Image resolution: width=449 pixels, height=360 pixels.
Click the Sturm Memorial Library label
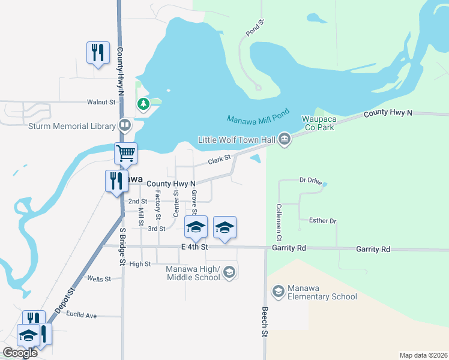coord(71,126)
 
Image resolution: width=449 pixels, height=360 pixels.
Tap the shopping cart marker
coord(126,153)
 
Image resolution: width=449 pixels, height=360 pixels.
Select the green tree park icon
coord(143,104)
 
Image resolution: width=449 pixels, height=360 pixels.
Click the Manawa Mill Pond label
coord(259,116)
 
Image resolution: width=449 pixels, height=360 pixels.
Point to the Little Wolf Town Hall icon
coord(285,140)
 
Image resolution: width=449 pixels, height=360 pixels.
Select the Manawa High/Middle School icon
coord(229,273)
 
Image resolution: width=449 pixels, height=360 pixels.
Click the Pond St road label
coord(255,28)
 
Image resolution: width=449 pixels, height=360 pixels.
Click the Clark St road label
coord(219,160)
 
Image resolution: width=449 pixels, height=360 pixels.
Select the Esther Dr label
coord(323,221)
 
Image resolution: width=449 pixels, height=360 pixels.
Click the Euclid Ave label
coord(82,314)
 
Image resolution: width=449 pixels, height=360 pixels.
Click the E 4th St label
coord(194,247)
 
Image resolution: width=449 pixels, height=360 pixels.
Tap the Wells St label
coord(99,278)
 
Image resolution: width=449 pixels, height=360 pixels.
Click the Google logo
coord(20,353)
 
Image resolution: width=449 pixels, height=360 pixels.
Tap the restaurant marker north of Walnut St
coord(98,53)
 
